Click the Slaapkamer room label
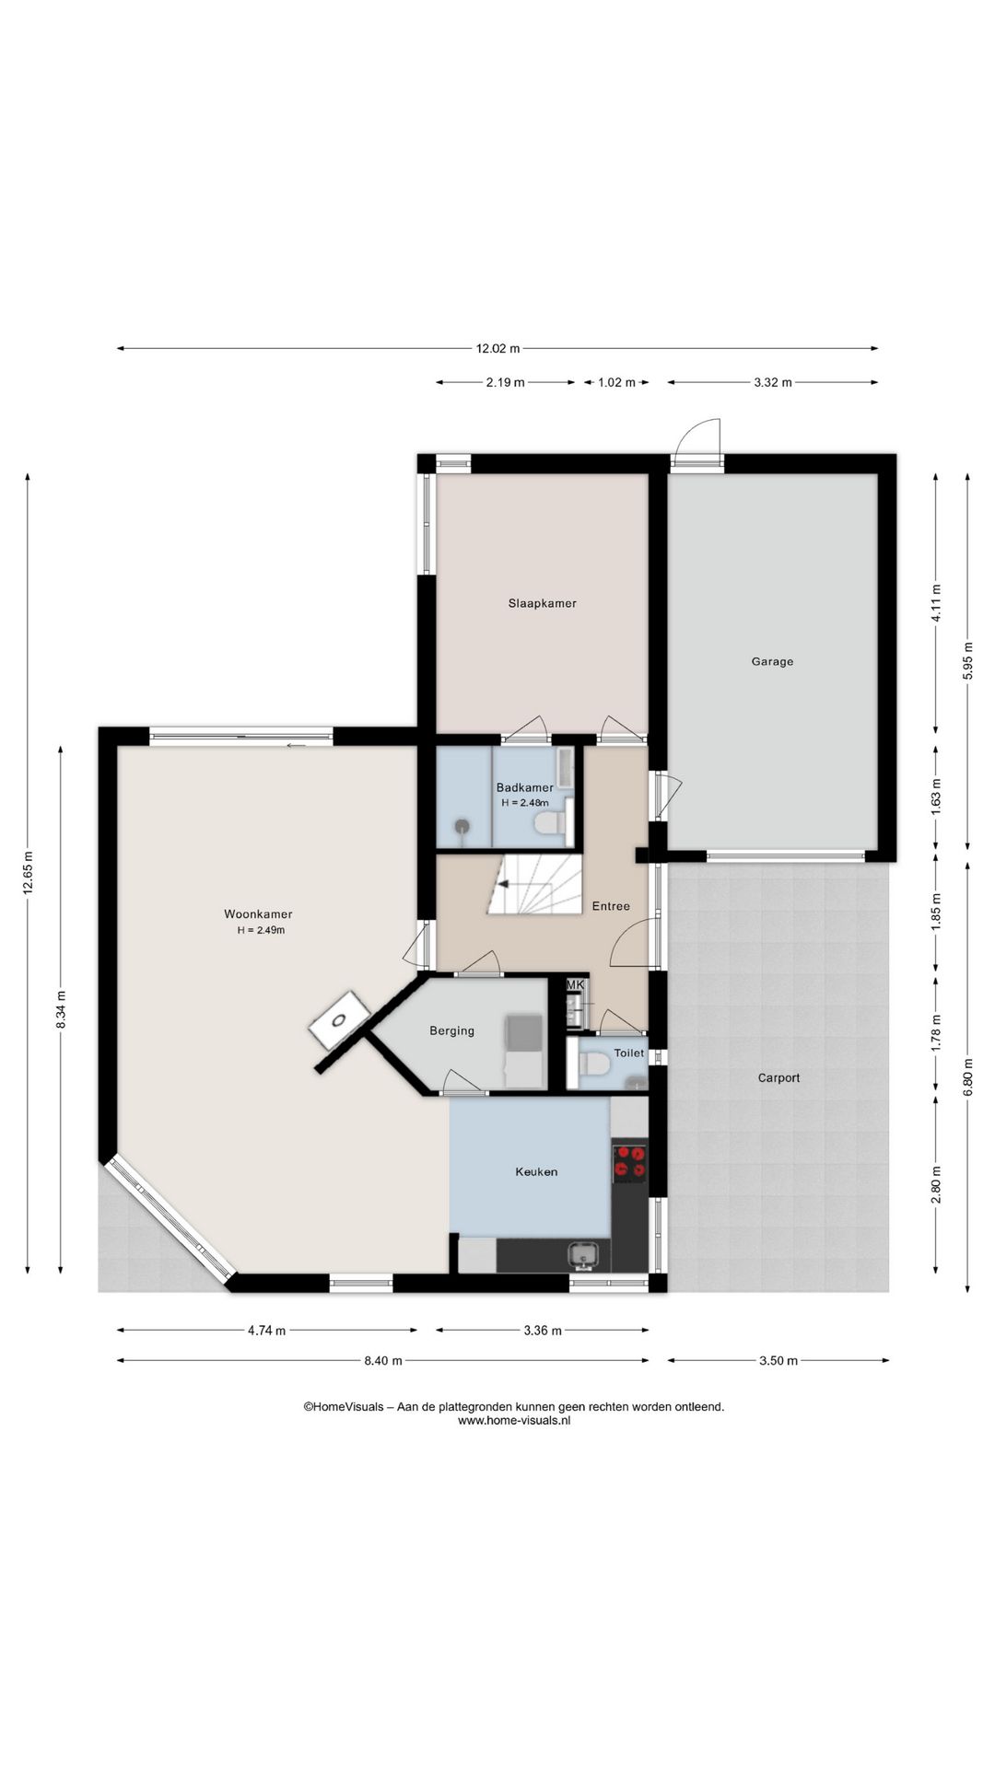[542, 604]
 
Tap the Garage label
[772, 662]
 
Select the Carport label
[778, 1077]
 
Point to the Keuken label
[536, 1172]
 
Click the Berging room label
[451, 1031]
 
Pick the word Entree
[611, 906]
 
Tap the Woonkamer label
[258, 914]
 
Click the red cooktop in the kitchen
[630, 1161]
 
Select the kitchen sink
[583, 1255]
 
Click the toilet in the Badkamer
[551, 822]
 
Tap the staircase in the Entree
[533, 885]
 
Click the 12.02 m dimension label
[497, 349]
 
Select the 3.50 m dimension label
[778, 1361]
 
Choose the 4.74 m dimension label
[266, 1331]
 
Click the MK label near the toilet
[575, 984]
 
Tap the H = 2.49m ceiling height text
[261, 930]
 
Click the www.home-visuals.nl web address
[514, 1420]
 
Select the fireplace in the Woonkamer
[339, 1019]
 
